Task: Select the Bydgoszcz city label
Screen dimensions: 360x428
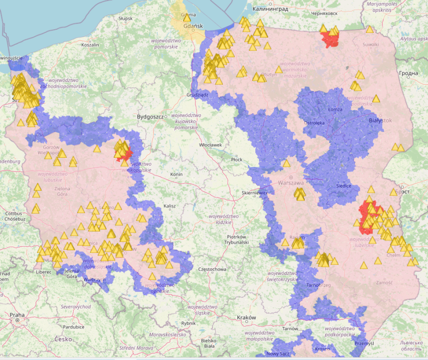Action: click(x=150, y=117)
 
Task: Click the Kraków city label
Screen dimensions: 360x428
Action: click(x=246, y=318)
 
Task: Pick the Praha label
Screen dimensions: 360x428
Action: click(x=17, y=315)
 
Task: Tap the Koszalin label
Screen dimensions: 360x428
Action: click(x=90, y=45)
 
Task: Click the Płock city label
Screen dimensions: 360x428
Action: click(x=236, y=159)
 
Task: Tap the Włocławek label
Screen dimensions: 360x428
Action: click(x=211, y=145)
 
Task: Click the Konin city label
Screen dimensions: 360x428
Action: click(x=175, y=175)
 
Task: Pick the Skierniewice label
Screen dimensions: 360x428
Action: click(x=254, y=193)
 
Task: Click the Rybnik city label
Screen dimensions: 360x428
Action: click(x=188, y=323)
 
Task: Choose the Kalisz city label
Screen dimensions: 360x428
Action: click(x=170, y=206)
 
